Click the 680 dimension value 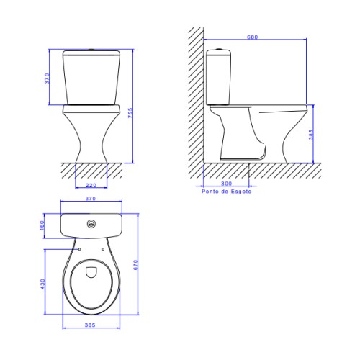253,37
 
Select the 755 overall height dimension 130,113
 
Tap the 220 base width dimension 91,185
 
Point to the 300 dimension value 226,184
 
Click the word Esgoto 241,192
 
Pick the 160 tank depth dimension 42,225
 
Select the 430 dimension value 42,284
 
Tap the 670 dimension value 135,265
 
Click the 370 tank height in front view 48,78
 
